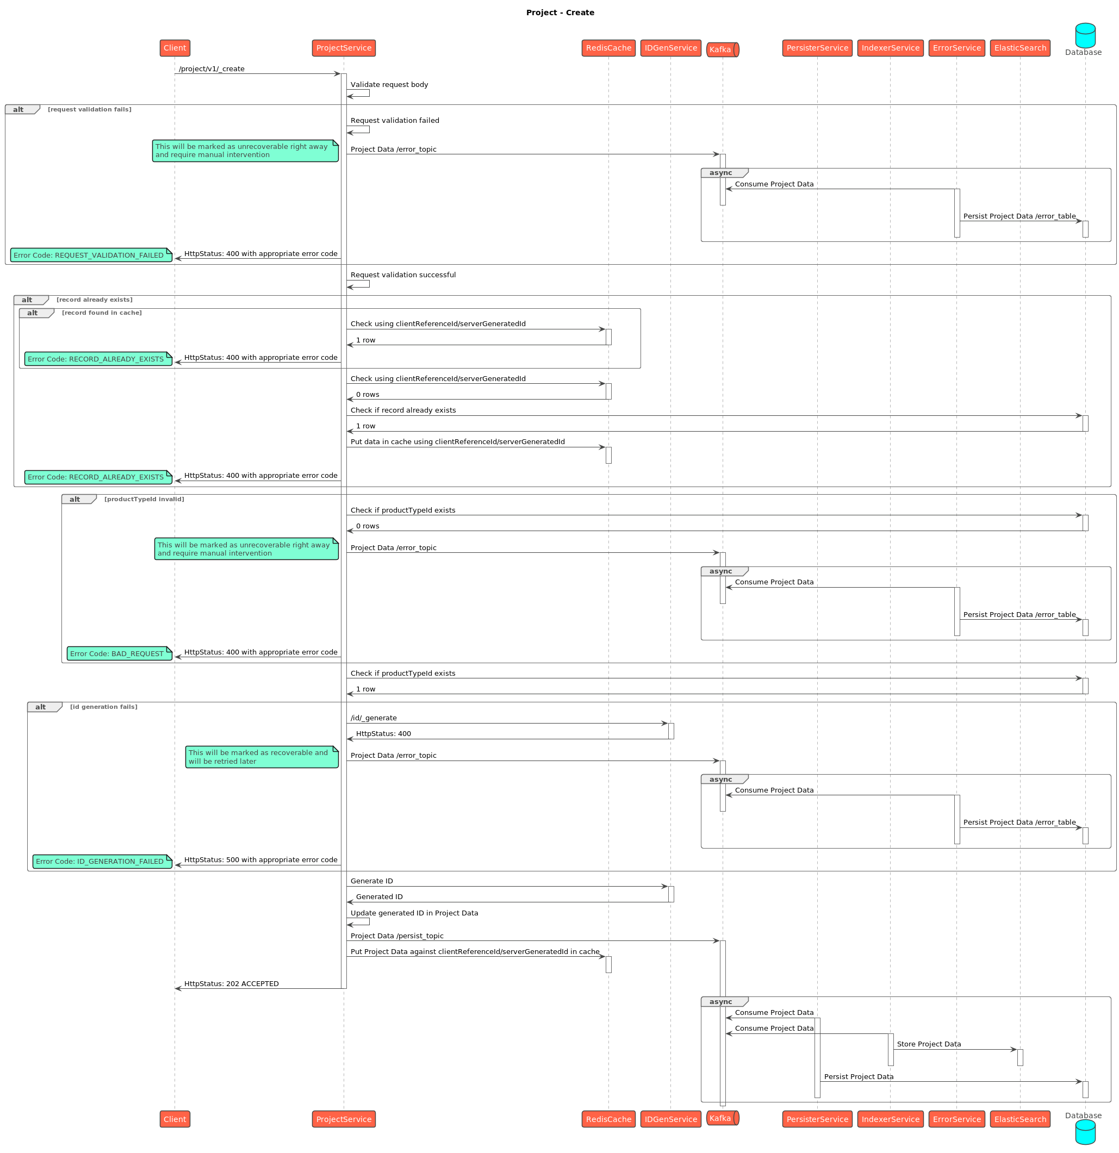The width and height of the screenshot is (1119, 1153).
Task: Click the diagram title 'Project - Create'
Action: click(559, 13)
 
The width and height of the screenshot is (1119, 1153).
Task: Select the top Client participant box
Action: click(175, 48)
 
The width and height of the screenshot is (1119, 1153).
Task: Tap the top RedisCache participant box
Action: click(608, 48)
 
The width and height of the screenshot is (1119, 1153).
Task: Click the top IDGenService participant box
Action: click(670, 48)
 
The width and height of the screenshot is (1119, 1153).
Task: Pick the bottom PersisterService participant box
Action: click(817, 1119)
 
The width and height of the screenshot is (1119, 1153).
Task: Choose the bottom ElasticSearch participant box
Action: click(1019, 1119)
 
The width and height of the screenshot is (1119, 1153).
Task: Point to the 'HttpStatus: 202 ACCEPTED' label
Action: click(231, 983)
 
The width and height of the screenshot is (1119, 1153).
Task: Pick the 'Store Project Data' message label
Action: click(928, 1044)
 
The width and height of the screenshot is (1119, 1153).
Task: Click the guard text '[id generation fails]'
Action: click(103, 707)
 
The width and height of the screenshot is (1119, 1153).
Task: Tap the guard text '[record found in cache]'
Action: click(102, 313)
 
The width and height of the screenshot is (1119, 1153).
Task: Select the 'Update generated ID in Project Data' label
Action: click(414, 913)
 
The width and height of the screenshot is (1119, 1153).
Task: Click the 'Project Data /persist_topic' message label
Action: click(396, 936)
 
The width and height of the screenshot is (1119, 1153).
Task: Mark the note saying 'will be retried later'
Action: click(262, 757)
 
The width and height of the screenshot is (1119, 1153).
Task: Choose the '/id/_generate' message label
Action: click(374, 718)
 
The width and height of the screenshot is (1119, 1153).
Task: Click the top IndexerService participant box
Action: click(890, 48)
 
